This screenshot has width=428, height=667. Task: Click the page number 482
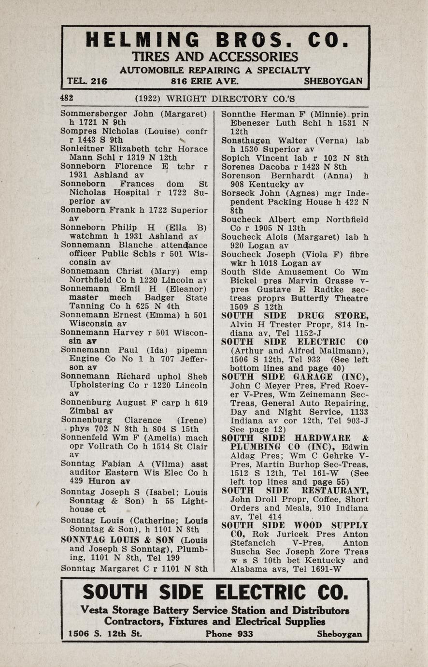click(x=67, y=98)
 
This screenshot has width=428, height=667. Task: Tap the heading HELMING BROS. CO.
click(x=216, y=40)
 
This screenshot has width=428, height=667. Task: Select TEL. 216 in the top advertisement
click(x=87, y=81)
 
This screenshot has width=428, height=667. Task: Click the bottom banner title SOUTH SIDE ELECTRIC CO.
click(x=215, y=592)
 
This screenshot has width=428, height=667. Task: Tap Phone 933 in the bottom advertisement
click(x=229, y=634)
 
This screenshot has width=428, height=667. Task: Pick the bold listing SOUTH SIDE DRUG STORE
click(x=295, y=316)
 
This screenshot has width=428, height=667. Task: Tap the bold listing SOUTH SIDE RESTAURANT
click(x=295, y=491)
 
